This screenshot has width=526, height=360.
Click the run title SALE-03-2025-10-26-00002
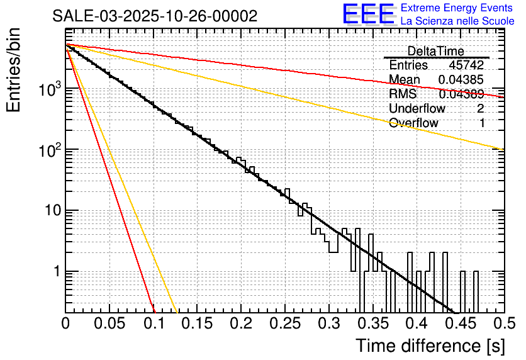(x=155, y=16)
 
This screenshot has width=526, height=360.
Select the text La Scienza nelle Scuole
(x=457, y=21)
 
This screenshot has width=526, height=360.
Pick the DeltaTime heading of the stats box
(x=435, y=51)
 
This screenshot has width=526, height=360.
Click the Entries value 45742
(x=466, y=65)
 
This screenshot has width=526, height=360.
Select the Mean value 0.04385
(x=461, y=79)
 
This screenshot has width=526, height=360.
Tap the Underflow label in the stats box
(x=417, y=108)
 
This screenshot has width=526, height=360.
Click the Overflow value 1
(x=482, y=123)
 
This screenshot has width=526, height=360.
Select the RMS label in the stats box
(x=402, y=94)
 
